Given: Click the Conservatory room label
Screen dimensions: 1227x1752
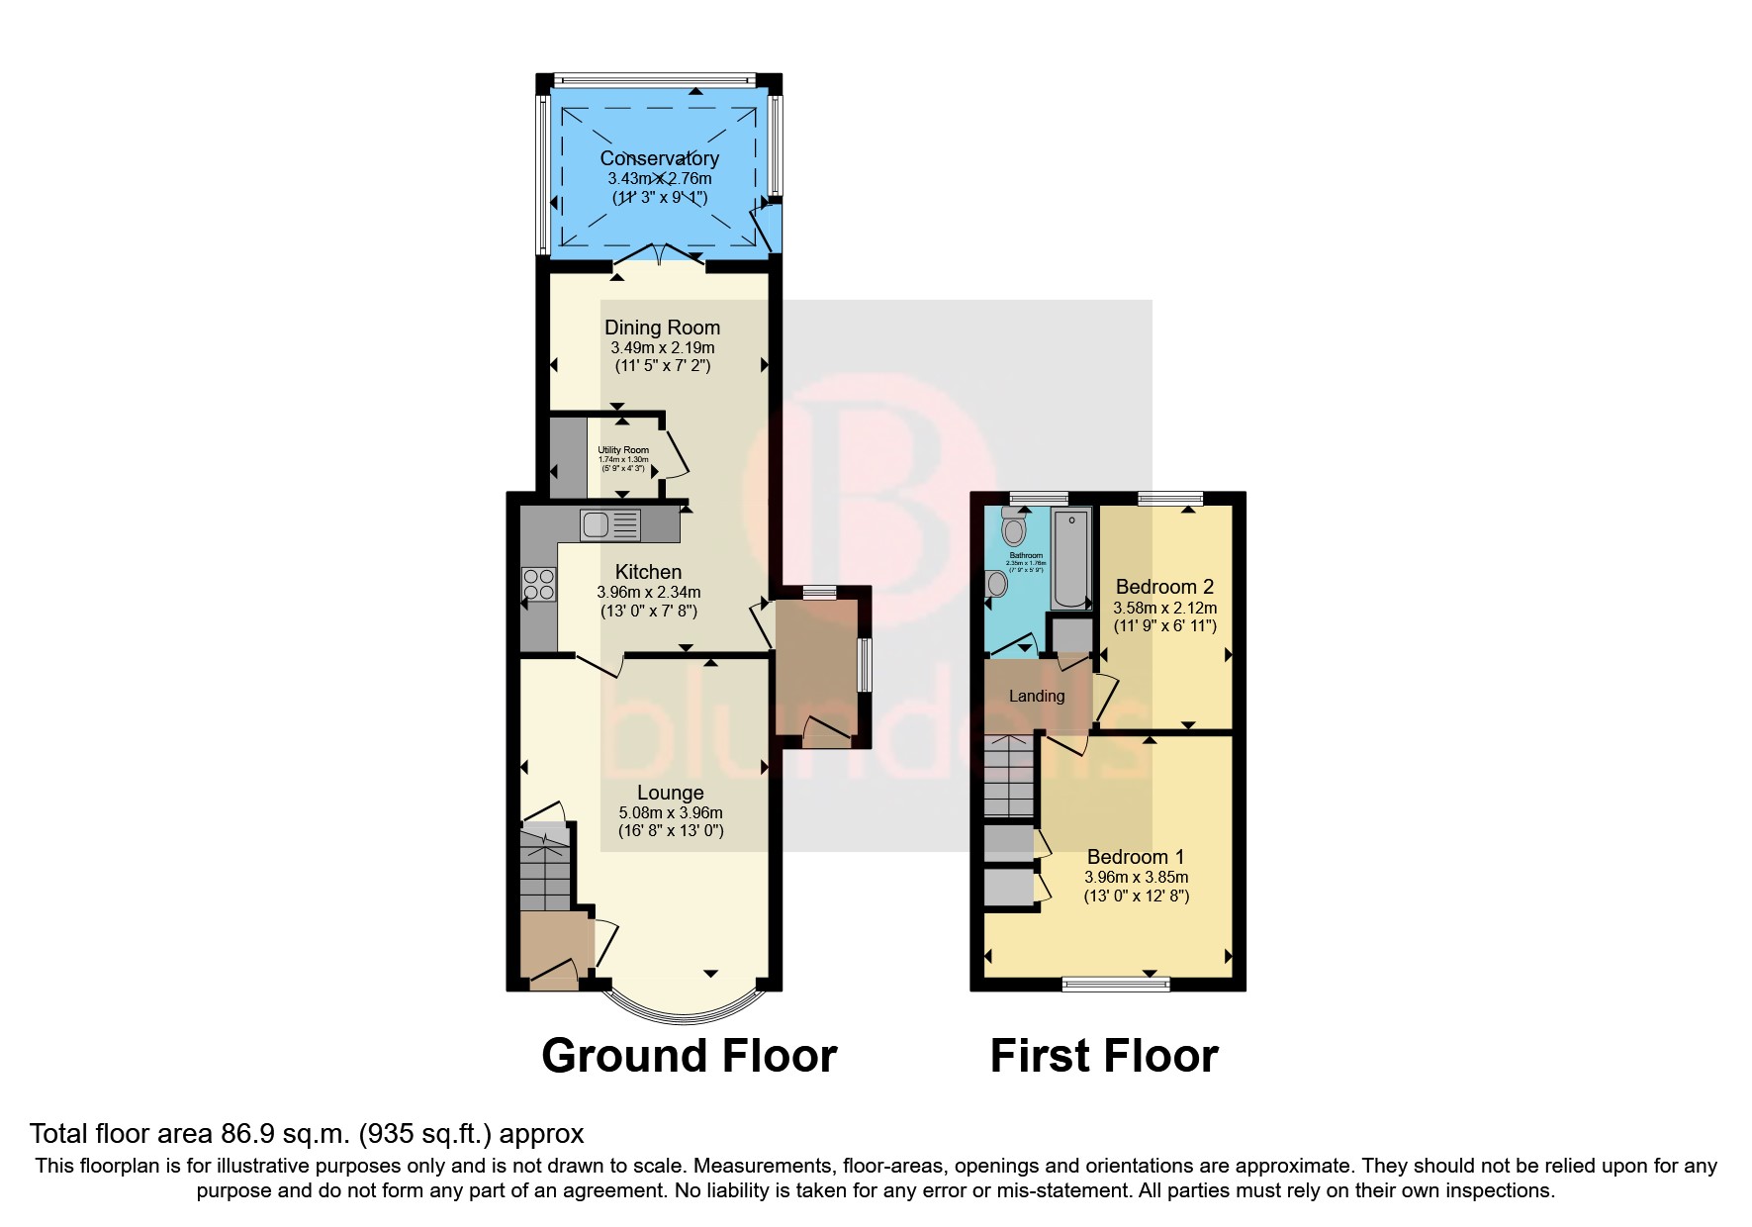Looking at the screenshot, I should (x=659, y=158).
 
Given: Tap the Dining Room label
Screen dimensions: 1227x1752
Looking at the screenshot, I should (x=662, y=328).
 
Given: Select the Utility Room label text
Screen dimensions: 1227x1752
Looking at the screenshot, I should (x=623, y=450).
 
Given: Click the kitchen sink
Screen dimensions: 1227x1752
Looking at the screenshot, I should (x=611, y=523).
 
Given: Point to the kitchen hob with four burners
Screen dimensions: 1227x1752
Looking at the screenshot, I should (x=539, y=584).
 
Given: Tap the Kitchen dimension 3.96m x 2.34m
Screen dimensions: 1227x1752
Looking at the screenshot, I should (x=648, y=592).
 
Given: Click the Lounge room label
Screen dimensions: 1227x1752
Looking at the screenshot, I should (x=670, y=793).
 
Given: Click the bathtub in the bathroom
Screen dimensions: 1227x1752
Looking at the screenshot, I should (x=1071, y=559).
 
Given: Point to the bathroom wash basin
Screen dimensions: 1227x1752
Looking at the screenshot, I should (x=996, y=585).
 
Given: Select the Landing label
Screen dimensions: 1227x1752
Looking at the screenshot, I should (x=1036, y=696).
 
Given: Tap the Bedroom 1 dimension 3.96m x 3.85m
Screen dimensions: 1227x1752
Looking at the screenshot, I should (x=1136, y=877).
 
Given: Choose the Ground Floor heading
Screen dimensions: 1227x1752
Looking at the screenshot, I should (x=689, y=1056).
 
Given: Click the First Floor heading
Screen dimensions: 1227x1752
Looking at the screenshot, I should (x=1104, y=1056).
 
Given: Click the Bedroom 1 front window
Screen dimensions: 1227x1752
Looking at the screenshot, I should (x=1116, y=984).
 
